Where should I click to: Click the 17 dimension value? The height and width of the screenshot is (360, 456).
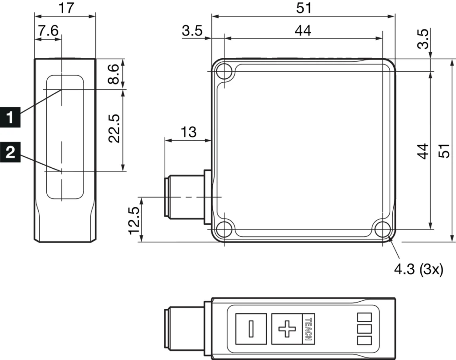(65, 8)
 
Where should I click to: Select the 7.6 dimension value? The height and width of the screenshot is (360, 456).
(48, 31)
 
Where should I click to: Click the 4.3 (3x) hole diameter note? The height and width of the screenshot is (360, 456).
(419, 269)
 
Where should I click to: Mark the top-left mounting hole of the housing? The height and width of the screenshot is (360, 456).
(224, 71)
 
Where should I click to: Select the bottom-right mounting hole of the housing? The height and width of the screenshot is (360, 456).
(382, 229)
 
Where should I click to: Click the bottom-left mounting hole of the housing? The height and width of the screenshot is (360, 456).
(224, 229)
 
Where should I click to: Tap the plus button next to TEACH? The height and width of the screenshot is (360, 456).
(287, 329)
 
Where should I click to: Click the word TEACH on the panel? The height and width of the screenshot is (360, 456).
(307, 329)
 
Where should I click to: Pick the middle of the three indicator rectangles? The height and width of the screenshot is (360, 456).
(364, 329)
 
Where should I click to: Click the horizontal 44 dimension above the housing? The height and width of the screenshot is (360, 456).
(303, 31)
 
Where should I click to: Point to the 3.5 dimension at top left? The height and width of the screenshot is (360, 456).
(192, 31)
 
